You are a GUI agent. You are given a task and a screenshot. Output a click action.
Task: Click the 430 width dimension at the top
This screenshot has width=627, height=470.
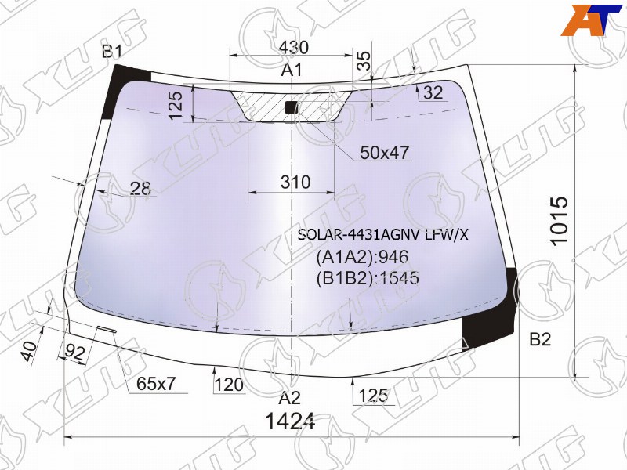293,48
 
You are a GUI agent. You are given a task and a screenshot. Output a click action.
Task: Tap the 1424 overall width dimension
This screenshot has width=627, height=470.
290,421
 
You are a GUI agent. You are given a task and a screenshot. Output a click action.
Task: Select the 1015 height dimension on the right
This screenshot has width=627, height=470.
559,220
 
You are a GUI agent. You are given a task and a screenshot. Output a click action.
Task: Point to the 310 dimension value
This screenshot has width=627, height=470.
295,183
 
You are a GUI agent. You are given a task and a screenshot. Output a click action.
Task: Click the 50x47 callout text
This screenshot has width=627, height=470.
385,153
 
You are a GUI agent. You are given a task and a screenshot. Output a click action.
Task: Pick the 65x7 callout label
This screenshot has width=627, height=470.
156,384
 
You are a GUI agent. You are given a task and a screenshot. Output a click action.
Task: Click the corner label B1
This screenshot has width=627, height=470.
111,52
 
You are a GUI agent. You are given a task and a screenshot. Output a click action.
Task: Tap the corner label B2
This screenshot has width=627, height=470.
540,339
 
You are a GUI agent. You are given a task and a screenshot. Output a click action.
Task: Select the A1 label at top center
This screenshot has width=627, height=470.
292,70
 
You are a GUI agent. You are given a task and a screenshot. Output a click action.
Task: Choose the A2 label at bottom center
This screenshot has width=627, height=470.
289,398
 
